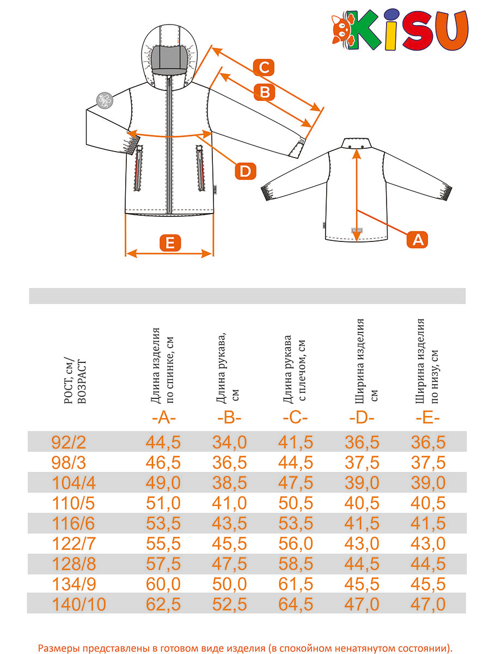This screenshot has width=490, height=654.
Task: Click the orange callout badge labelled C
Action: coord(264,68)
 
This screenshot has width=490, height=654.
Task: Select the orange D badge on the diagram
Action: coord(246,172)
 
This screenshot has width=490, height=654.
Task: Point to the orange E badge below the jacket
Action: coord(170,243)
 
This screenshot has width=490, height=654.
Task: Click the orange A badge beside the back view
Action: coord(418,239)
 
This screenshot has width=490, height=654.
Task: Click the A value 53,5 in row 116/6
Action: coord(163,523)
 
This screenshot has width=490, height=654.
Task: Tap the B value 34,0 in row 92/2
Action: coord(229,442)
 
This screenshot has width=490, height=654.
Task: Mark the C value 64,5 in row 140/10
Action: coord(296,604)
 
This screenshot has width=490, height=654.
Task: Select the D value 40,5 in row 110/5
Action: coord(362,502)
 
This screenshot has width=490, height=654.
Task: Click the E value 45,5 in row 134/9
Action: coord(428,584)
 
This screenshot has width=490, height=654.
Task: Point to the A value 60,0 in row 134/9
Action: coord(163,584)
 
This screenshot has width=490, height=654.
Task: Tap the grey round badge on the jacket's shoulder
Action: coord(103,100)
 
